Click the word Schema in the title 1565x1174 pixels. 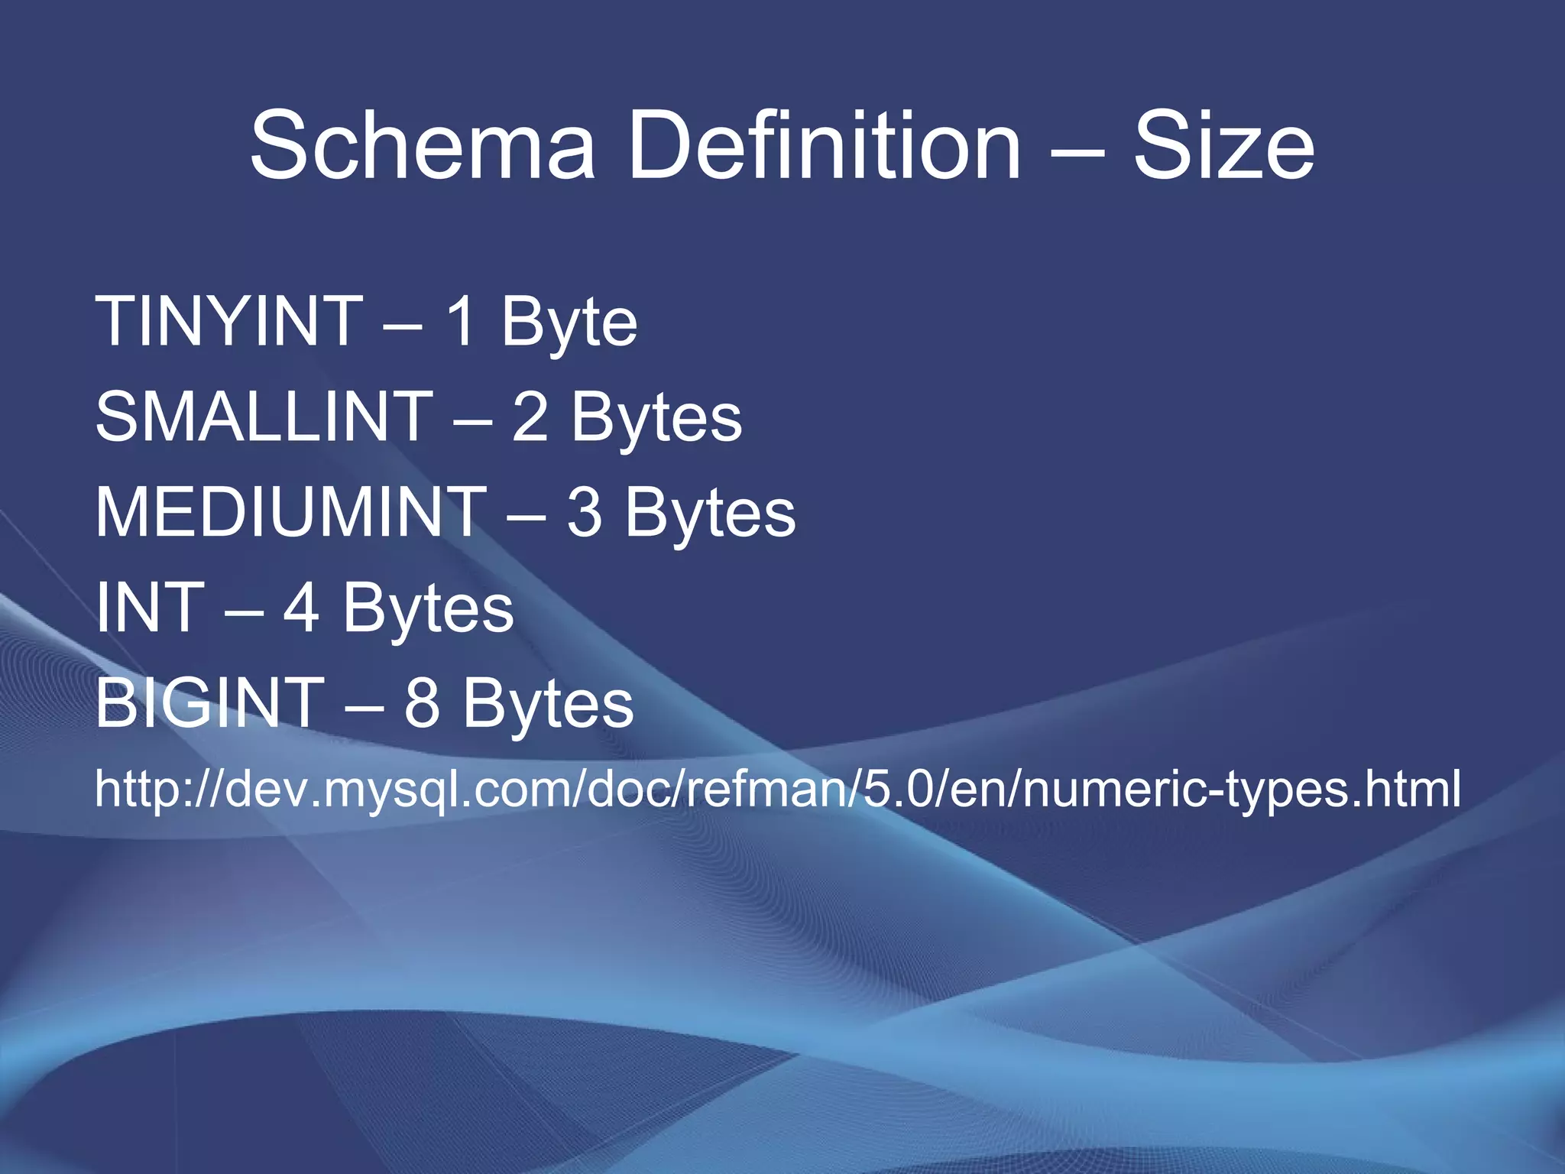point(423,145)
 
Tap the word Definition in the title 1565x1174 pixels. point(825,145)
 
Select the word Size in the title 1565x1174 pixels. point(1223,145)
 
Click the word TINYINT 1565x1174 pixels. point(229,322)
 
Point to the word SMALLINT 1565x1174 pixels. point(264,417)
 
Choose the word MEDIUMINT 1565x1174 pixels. point(291,513)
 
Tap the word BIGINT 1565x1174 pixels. point(210,703)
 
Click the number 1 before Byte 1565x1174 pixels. point(462,322)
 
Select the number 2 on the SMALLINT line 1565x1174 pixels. point(530,417)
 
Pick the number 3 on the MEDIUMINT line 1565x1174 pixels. point(585,513)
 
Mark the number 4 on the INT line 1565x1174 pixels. point(301,608)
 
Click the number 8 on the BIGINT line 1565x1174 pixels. point(422,703)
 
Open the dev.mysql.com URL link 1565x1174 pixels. point(778,789)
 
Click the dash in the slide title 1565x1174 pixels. point(1077,150)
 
